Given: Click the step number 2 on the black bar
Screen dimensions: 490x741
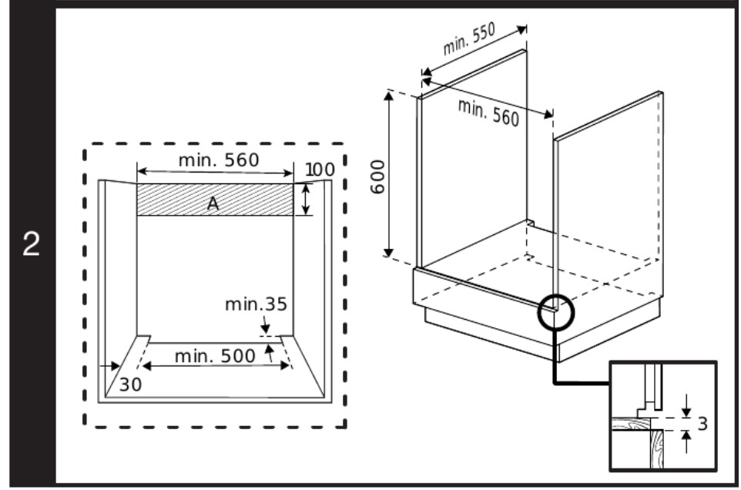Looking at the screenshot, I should pos(29,244).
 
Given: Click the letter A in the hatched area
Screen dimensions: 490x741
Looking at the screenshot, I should pos(213,202).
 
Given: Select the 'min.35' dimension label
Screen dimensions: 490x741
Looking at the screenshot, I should pos(256,304).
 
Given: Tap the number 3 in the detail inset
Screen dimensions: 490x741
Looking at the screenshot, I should pos(702,424).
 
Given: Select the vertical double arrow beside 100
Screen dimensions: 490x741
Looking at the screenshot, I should pos(307,199).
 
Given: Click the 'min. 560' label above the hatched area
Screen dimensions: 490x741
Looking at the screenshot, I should pos(219,161).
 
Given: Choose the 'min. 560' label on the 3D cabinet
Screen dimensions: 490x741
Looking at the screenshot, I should pos(488,113).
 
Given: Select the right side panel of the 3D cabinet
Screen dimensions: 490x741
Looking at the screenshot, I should pos(609,193).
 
